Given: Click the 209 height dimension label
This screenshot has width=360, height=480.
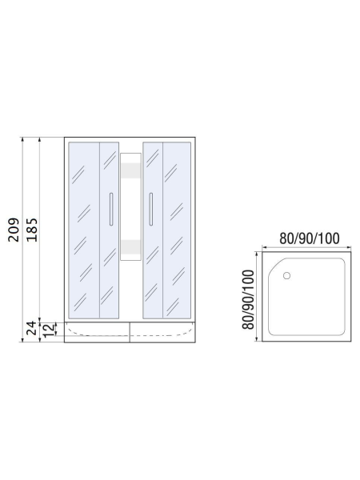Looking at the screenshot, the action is [14, 230].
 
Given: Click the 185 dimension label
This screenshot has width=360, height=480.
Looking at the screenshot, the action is [31, 230].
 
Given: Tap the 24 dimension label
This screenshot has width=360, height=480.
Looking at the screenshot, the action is [31, 328].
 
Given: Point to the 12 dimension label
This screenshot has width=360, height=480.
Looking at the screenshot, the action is [49, 330].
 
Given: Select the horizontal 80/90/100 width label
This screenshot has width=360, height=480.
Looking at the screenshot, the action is [310, 238].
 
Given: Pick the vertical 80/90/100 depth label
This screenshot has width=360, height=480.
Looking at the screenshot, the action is [248, 299].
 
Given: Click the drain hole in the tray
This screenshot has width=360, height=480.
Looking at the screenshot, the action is [286, 276].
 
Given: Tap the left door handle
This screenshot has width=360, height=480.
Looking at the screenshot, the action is [111, 209].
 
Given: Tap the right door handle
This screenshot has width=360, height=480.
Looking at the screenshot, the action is [150, 209].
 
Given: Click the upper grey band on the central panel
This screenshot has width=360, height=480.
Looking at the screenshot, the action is [130, 170].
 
